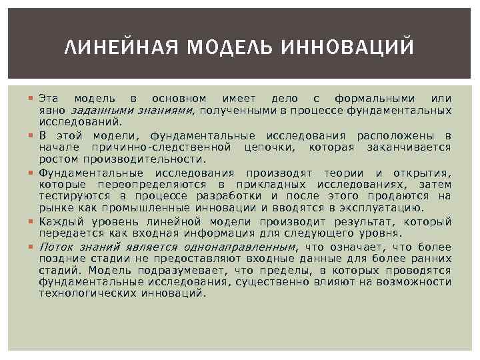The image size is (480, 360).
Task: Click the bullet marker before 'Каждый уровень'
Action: point(32,221)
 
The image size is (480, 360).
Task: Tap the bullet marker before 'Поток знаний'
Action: point(32,247)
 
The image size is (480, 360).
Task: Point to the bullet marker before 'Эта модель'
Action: point(32,99)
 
